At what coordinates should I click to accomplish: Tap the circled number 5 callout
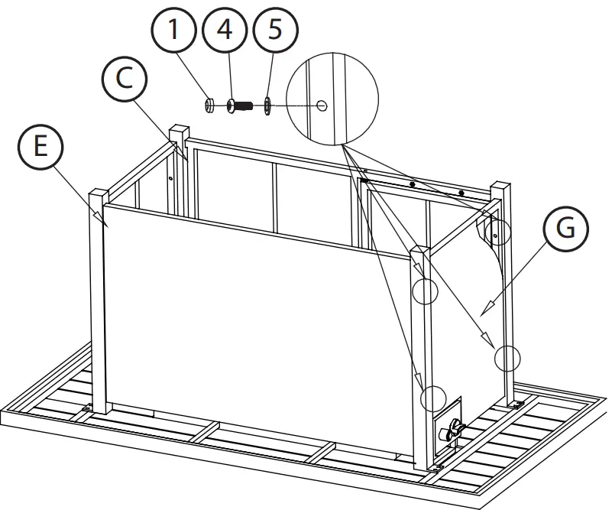(x=273, y=31)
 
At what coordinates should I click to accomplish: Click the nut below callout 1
(x=212, y=105)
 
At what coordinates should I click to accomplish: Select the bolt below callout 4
(x=239, y=106)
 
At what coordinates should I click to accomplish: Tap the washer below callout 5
(x=268, y=106)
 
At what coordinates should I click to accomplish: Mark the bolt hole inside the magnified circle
(x=323, y=106)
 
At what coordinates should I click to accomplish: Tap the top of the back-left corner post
(x=179, y=129)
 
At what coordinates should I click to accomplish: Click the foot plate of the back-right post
(x=516, y=404)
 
